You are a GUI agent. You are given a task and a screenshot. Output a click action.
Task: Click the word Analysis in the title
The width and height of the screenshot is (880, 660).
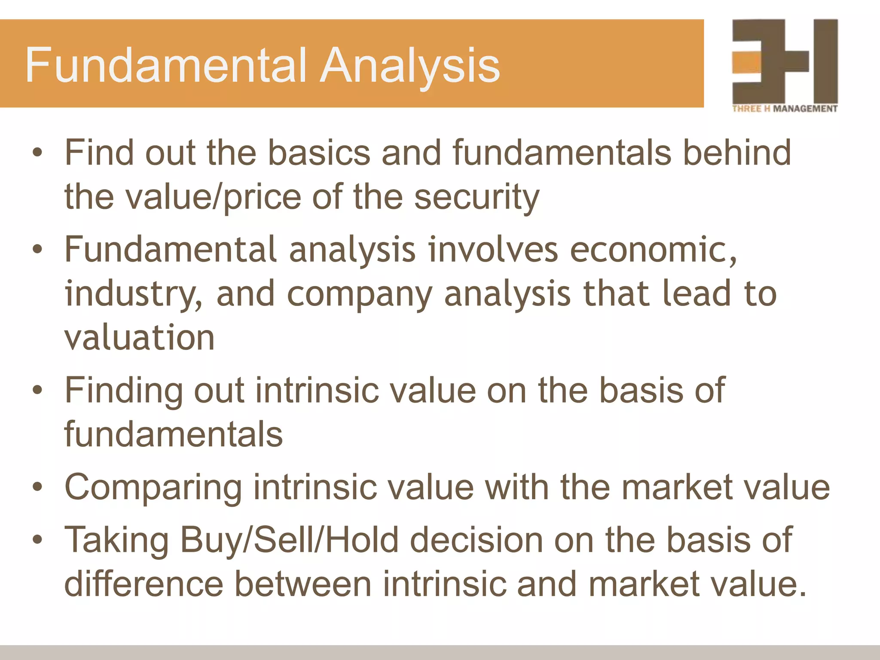pos(410,65)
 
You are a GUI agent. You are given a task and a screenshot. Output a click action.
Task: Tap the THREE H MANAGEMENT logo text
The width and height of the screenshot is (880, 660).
pos(785,109)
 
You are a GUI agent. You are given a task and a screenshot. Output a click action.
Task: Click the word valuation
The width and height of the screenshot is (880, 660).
pos(139,338)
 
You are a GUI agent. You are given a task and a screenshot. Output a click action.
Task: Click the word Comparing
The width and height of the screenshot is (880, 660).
pos(153,488)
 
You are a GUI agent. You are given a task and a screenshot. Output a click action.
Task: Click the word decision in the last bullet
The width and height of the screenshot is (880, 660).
pos(476,541)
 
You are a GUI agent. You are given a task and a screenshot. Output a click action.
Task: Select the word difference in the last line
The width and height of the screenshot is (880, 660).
pos(144,584)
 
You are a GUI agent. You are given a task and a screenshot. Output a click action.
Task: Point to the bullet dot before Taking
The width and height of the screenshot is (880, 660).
pos(38,539)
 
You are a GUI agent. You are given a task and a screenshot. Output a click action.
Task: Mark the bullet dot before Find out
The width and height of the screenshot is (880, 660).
pos(38,152)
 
